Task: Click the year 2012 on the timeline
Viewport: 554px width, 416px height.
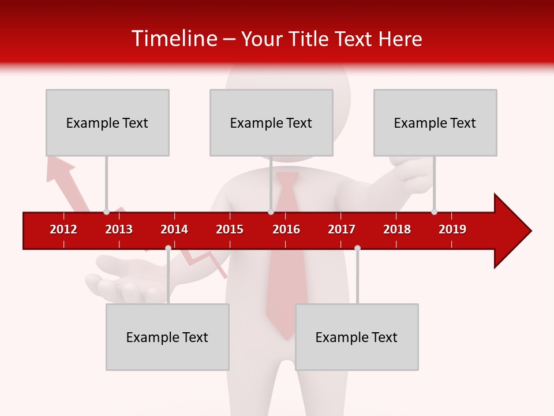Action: pos(63,229)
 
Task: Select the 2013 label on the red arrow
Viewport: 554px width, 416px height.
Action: pos(119,229)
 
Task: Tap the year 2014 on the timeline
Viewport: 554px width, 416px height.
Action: pos(174,229)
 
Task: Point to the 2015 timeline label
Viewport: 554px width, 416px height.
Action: pos(230,229)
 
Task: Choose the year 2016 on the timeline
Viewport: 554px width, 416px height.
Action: pos(286,229)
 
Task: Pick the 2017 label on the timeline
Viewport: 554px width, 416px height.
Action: pos(342,229)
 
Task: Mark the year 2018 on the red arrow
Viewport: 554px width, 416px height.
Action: pos(397,229)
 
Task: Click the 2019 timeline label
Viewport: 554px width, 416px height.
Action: pos(452,229)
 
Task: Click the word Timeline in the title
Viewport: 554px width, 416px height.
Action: pos(173,39)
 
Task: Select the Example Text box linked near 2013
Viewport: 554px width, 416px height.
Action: pos(107,122)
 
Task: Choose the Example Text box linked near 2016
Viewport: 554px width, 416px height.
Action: pos(271,122)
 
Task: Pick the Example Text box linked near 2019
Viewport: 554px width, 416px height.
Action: pos(435,122)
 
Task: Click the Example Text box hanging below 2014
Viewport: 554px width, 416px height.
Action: pos(167,337)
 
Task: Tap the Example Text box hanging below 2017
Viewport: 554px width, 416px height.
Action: pos(357,337)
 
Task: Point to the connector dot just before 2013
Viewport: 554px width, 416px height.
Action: pos(106,211)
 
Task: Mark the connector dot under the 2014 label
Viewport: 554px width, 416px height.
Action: pos(168,248)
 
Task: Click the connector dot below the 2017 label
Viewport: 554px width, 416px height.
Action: pos(357,248)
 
